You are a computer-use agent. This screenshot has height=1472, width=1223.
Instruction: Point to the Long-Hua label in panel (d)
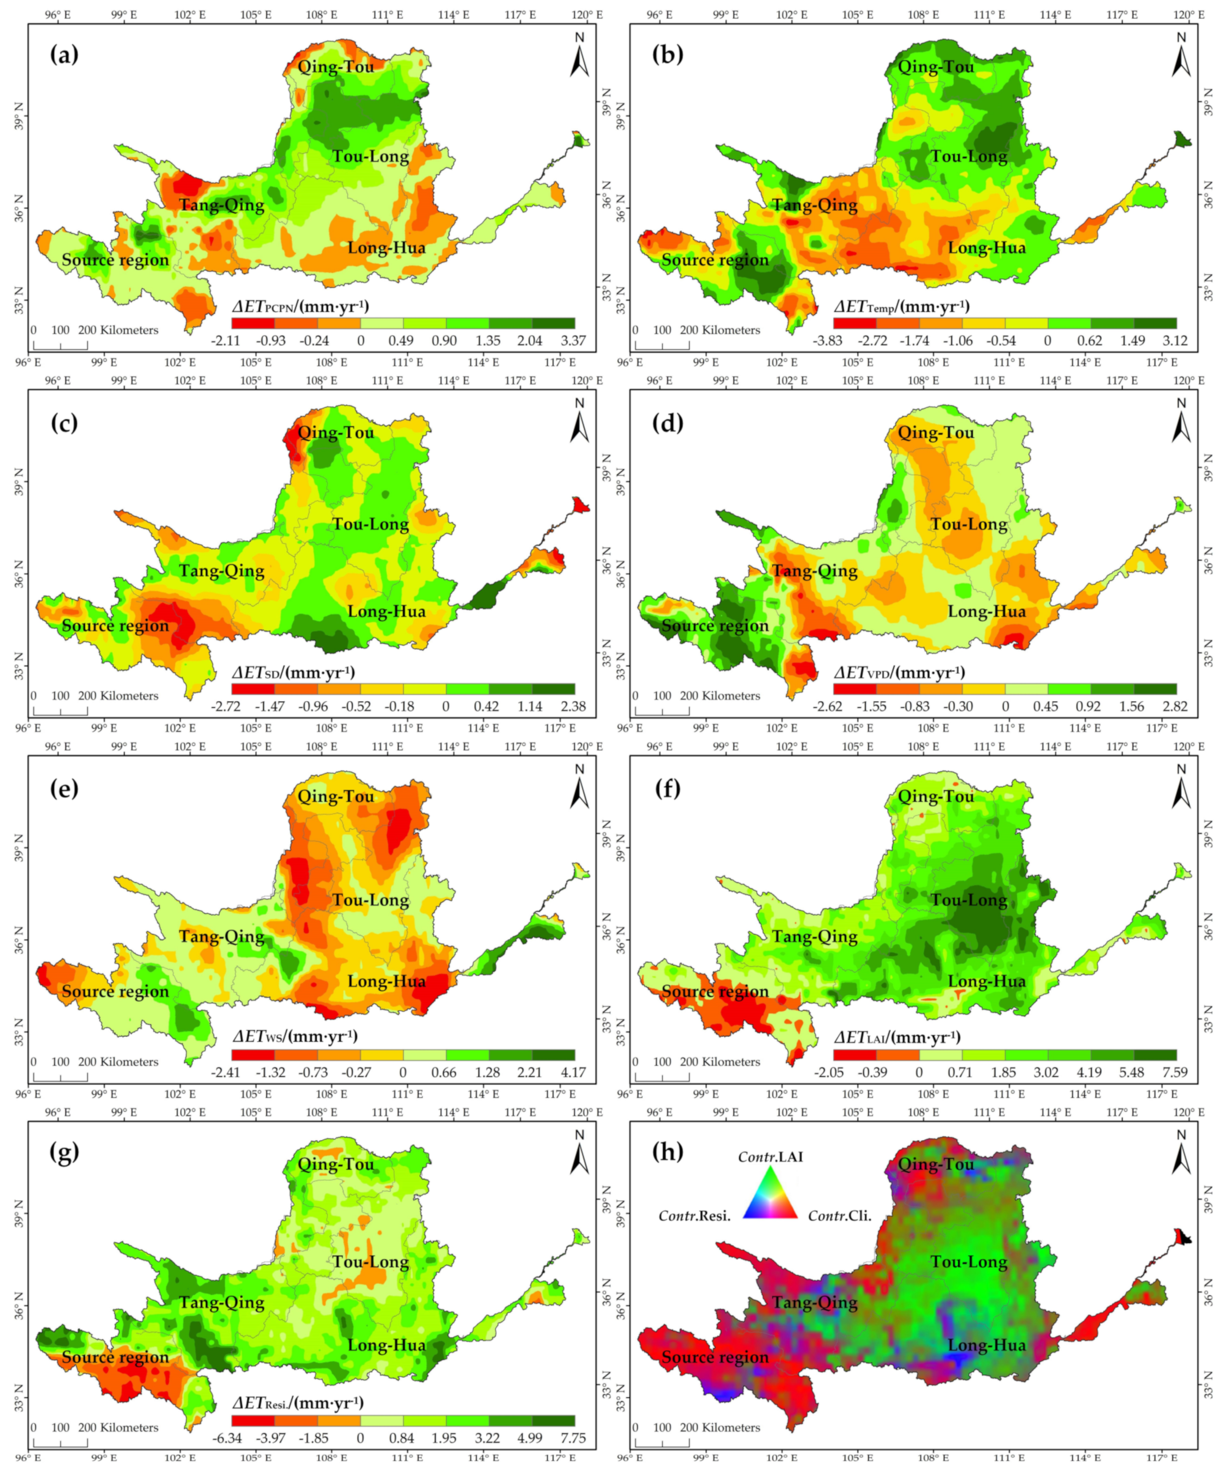(986, 611)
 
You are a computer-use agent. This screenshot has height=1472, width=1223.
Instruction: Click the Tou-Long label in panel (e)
(370, 900)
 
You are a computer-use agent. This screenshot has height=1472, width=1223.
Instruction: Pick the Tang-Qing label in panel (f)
(814, 937)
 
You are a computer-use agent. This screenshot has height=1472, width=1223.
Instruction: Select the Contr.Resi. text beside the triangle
(694, 1216)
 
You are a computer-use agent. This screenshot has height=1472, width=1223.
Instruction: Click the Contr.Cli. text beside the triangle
(840, 1216)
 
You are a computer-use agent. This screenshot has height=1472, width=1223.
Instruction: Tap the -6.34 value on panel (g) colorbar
(226, 1438)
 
